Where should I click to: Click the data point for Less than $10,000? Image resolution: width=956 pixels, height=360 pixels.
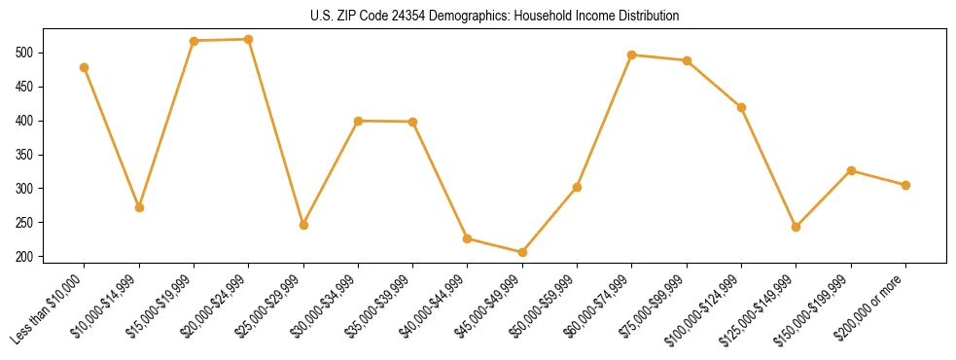tap(85, 67)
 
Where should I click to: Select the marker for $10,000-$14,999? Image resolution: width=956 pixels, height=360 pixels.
tap(139, 207)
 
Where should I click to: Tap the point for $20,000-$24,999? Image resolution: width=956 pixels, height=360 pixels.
tap(249, 39)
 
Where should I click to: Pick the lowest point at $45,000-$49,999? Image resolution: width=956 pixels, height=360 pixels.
tap(522, 252)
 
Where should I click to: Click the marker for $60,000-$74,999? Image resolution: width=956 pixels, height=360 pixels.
tap(632, 54)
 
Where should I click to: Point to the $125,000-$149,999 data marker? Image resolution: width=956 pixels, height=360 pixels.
tap(797, 227)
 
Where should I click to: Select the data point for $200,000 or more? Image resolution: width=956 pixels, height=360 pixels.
tap(905, 185)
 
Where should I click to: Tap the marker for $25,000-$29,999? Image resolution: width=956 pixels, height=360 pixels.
tap(303, 225)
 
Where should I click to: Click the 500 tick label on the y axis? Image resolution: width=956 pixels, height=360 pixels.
tap(26, 53)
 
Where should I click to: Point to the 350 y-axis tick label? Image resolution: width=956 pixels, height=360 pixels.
tap(26, 155)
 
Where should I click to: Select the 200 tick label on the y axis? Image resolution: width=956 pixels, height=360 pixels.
tap(26, 257)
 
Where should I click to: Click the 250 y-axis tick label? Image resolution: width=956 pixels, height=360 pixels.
tap(26, 223)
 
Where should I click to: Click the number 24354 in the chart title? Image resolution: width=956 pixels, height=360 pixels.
tap(396, 17)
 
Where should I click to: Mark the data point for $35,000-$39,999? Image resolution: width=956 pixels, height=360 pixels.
tap(413, 122)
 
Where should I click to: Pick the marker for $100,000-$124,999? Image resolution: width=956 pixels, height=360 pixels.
tap(741, 107)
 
